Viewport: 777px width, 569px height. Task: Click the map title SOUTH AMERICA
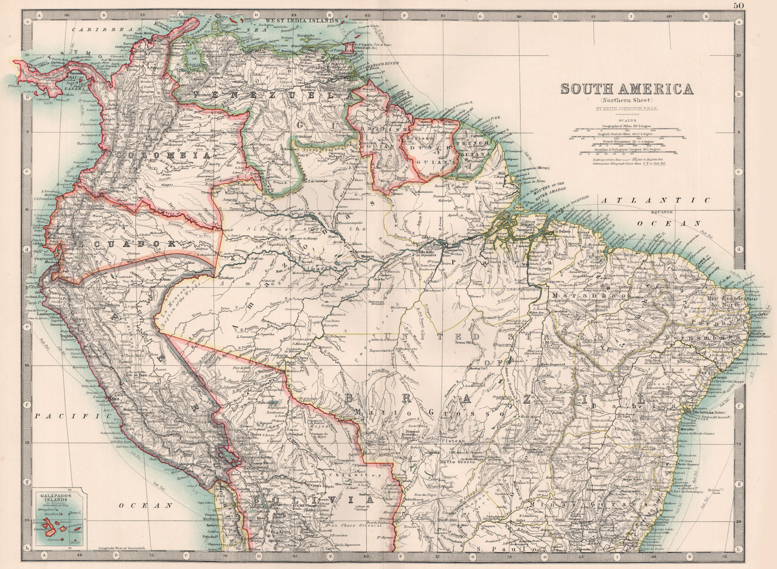click(x=627, y=89)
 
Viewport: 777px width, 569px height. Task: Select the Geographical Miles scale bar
click(x=626, y=129)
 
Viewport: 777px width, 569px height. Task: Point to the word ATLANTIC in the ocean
click(x=655, y=200)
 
